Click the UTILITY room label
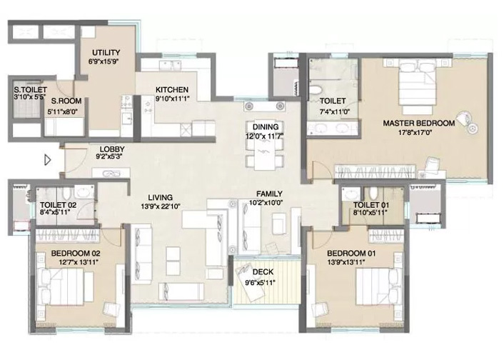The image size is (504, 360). coord(106,52)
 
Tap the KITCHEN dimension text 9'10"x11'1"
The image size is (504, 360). coord(172,99)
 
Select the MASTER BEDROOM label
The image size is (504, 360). coord(419,123)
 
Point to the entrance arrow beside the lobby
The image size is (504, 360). coord(48,160)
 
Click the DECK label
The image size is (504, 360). coord(263,272)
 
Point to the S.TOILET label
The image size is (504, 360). coord(30,90)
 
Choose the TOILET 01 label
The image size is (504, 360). coord(371,205)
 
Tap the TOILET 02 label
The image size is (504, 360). coord(58,205)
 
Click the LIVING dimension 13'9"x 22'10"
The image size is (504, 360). coord(161,206)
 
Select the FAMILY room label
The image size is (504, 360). coord(269,194)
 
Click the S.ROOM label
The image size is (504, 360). coord(66,101)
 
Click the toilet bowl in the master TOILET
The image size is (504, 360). coord(317,90)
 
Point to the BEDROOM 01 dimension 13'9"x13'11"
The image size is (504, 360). coord(346,262)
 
